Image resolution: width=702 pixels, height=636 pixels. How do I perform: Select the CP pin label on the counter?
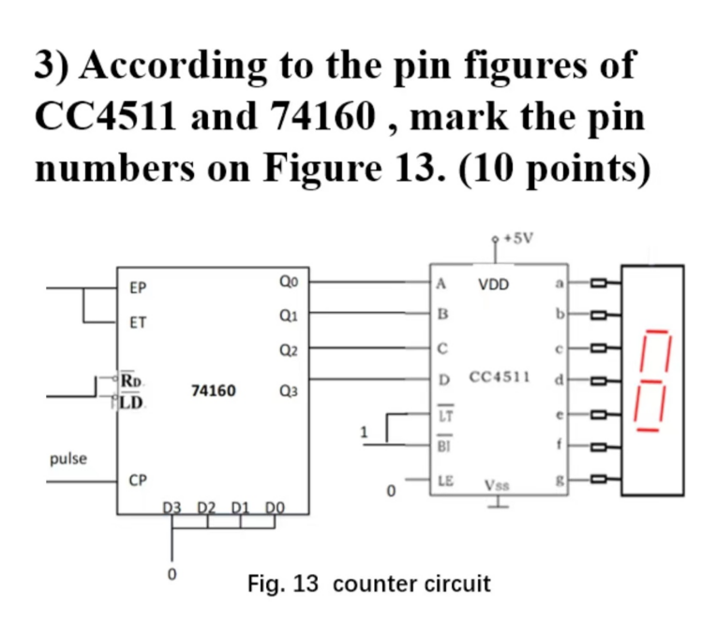pos(137,481)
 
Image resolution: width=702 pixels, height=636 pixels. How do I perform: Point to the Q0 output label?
pos(289,281)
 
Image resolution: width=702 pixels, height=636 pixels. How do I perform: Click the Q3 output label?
pos(289,392)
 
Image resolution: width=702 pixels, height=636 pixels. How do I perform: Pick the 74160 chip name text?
pos(214,390)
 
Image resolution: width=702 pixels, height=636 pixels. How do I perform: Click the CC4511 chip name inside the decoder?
pos(500,377)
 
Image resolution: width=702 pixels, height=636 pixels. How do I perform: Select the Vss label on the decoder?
pos(498,486)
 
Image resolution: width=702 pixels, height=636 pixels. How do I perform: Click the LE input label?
pos(446,480)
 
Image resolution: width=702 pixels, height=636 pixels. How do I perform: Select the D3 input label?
pos(172,507)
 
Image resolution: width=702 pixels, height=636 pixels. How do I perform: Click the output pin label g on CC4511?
pos(560,479)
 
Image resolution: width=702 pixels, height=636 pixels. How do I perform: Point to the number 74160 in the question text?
pos(324,118)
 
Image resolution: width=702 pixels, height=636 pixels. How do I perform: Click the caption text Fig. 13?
pos(283,584)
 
